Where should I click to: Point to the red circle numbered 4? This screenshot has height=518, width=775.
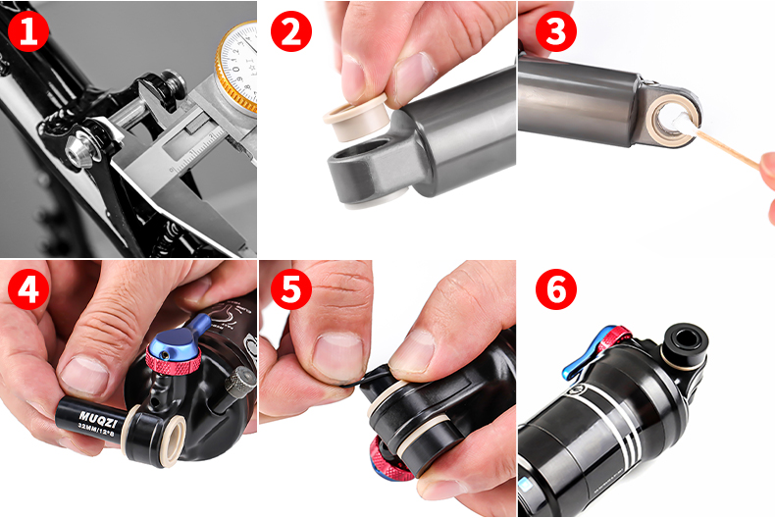pos(28,289)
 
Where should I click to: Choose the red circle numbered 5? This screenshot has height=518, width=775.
pos(290,289)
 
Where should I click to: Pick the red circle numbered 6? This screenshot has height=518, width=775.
pos(555,289)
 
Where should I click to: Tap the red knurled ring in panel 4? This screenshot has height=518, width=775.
pos(173,359)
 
